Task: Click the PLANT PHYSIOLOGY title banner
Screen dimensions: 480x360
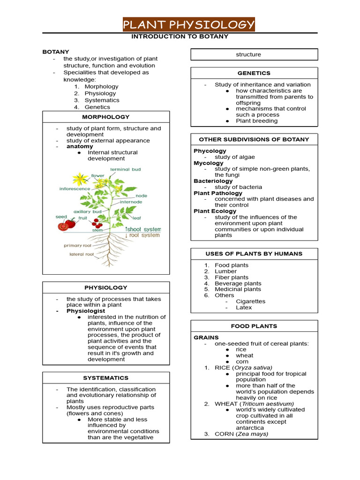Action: pos(188,24)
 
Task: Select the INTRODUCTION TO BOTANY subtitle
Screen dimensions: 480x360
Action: pos(180,37)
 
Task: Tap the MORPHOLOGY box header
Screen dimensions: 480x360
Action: pos(106,117)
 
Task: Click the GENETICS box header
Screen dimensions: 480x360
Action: pos(254,73)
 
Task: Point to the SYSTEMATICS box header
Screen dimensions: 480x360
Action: pos(106,378)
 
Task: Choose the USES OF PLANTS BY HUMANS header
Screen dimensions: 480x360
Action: pos(254,254)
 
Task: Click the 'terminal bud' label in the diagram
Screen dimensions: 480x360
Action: pos(125,169)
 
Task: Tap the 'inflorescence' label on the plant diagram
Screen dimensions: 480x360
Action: pos(75,189)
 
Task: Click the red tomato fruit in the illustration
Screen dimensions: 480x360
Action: pos(64,226)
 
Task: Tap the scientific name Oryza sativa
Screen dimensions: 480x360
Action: pos(255,367)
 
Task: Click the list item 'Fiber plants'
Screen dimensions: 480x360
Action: pos(232,277)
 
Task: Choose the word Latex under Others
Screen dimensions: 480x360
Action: pos(244,307)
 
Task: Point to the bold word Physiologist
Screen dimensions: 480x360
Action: pos(86,311)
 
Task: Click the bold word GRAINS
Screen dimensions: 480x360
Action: pos(206,337)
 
